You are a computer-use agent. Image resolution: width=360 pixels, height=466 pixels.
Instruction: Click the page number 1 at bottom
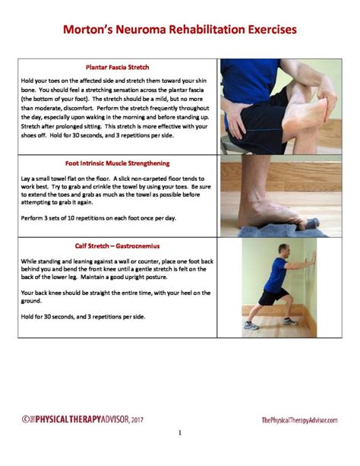pos(180,433)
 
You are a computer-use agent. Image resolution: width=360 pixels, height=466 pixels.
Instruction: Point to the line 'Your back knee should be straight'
pos(114,293)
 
